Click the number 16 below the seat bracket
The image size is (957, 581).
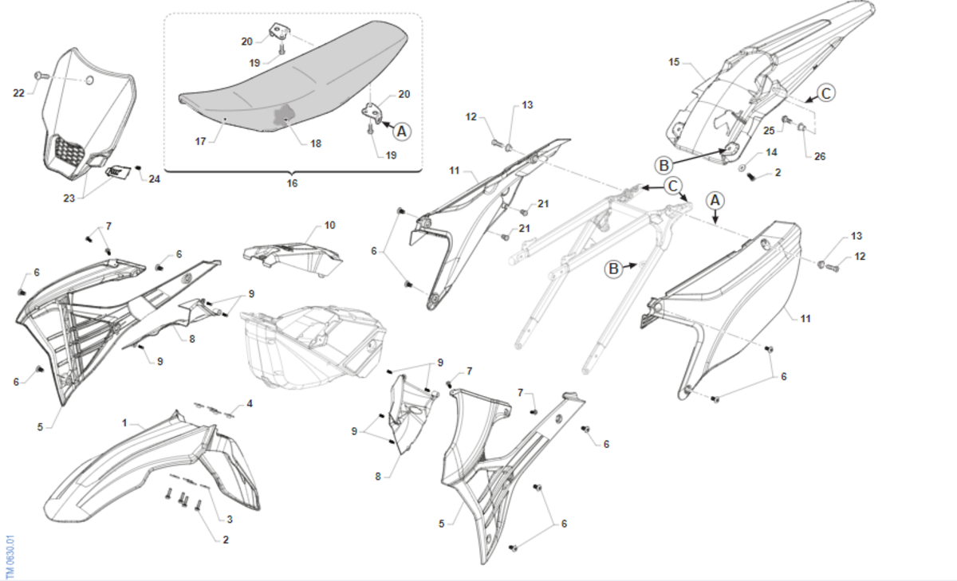292,183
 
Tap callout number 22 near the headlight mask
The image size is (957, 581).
19,92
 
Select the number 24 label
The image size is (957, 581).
154,179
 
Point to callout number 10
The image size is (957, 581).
329,225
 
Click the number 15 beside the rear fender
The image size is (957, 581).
674,62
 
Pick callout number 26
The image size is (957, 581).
820,156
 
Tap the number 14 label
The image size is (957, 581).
771,152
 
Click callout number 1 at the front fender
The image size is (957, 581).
124,422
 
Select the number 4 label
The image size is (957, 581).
250,403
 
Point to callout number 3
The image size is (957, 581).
230,519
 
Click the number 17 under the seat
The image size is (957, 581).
200,141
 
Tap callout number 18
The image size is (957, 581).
316,143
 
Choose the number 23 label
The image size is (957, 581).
69,198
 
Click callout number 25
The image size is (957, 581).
769,131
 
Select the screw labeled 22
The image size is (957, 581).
41,76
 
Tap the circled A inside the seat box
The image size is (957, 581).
402,131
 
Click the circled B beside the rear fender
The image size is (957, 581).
664,165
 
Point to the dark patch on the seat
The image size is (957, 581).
284,116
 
